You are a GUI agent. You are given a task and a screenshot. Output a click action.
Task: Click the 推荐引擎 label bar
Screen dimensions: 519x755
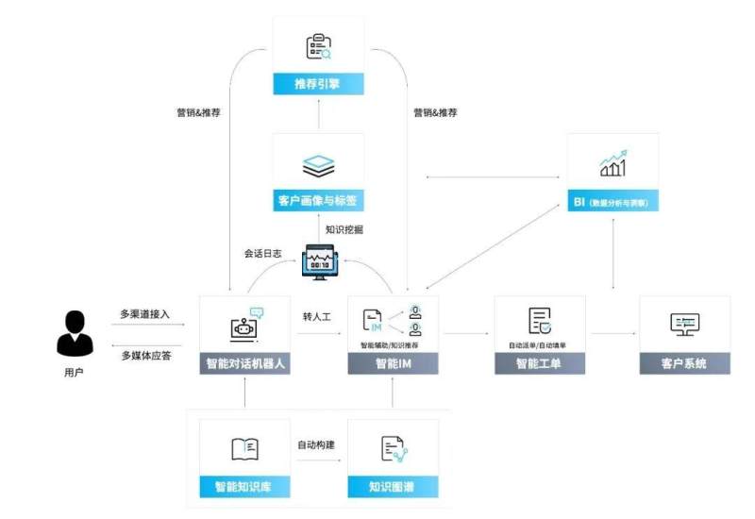pos(318,83)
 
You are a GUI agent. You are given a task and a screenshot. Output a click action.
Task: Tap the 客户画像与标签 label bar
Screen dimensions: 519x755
pos(318,200)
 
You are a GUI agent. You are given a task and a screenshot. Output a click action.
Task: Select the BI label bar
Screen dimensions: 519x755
pos(613,201)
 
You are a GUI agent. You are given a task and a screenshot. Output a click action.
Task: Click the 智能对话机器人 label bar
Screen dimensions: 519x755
pos(244,363)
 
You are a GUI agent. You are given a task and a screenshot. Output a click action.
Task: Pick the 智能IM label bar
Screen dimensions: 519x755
pos(393,363)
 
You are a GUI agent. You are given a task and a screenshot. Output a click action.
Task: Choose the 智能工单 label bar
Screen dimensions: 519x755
pos(540,363)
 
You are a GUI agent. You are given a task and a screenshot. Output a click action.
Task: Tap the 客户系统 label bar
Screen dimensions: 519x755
pos(684,363)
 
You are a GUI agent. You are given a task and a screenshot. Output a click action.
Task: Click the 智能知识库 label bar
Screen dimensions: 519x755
pos(244,487)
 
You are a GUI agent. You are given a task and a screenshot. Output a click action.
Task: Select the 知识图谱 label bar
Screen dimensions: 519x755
pos(393,487)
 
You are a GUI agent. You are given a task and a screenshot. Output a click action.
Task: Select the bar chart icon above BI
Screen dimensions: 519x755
pos(613,164)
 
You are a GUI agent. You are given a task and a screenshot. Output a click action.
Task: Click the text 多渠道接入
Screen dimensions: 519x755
pos(145,313)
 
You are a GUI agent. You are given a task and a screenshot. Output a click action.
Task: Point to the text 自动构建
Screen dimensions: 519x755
pos(317,444)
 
